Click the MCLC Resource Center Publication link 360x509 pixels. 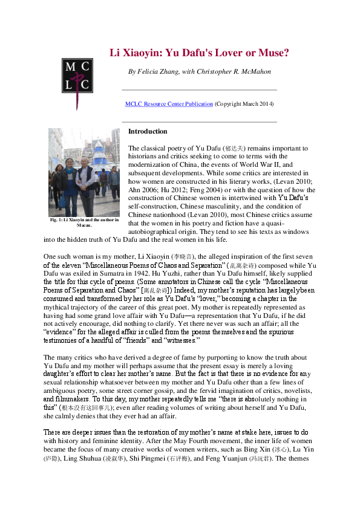[169, 104]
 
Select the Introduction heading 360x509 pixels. [148, 131]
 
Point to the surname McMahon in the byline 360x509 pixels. [254, 71]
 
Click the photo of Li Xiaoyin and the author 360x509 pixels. [84, 172]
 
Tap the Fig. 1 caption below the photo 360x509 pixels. [84, 222]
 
